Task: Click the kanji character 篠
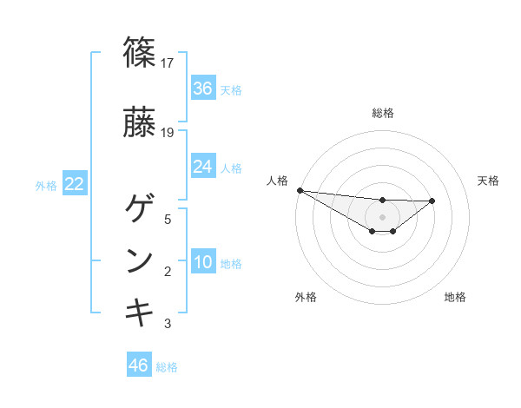pos(140,52)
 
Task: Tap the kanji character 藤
pos(140,122)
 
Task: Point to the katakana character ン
pos(140,260)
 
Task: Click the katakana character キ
pos(140,312)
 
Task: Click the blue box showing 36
pos(203,89)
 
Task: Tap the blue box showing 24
pos(203,167)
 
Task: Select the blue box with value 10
pos(203,263)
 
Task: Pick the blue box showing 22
pos(75,184)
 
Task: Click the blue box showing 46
pos(139,365)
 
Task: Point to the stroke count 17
pos(168,63)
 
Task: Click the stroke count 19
pos(168,132)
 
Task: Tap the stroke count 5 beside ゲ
pos(168,220)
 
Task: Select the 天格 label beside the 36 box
pos(231,89)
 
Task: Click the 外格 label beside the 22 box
pos(46,185)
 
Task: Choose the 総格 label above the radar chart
pos(382,113)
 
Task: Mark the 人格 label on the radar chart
pos(278,181)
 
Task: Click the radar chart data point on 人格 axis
pos(300,190)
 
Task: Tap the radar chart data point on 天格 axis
pos(432,201)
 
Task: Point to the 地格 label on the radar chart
pos(455,297)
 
